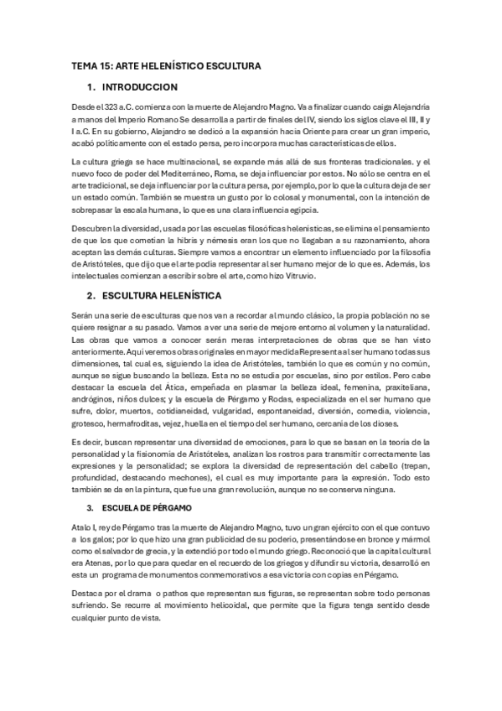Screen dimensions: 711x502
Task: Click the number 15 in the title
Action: (104, 65)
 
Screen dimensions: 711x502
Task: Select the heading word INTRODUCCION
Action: (139, 87)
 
